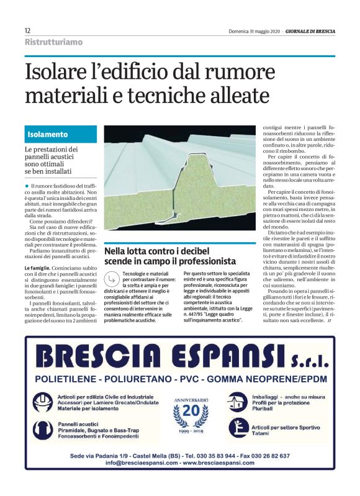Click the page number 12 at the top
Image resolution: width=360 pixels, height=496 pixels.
coord(28,30)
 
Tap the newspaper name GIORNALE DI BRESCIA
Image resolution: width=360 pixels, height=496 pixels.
coord(310,30)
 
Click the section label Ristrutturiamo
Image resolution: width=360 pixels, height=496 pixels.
coord(53,42)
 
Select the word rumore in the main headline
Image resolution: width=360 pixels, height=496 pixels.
coord(268,73)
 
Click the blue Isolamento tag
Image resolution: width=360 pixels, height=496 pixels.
coord(48,134)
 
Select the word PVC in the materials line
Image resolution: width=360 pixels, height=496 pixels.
coord(213,379)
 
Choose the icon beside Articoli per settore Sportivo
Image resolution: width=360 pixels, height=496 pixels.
coord(238,429)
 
